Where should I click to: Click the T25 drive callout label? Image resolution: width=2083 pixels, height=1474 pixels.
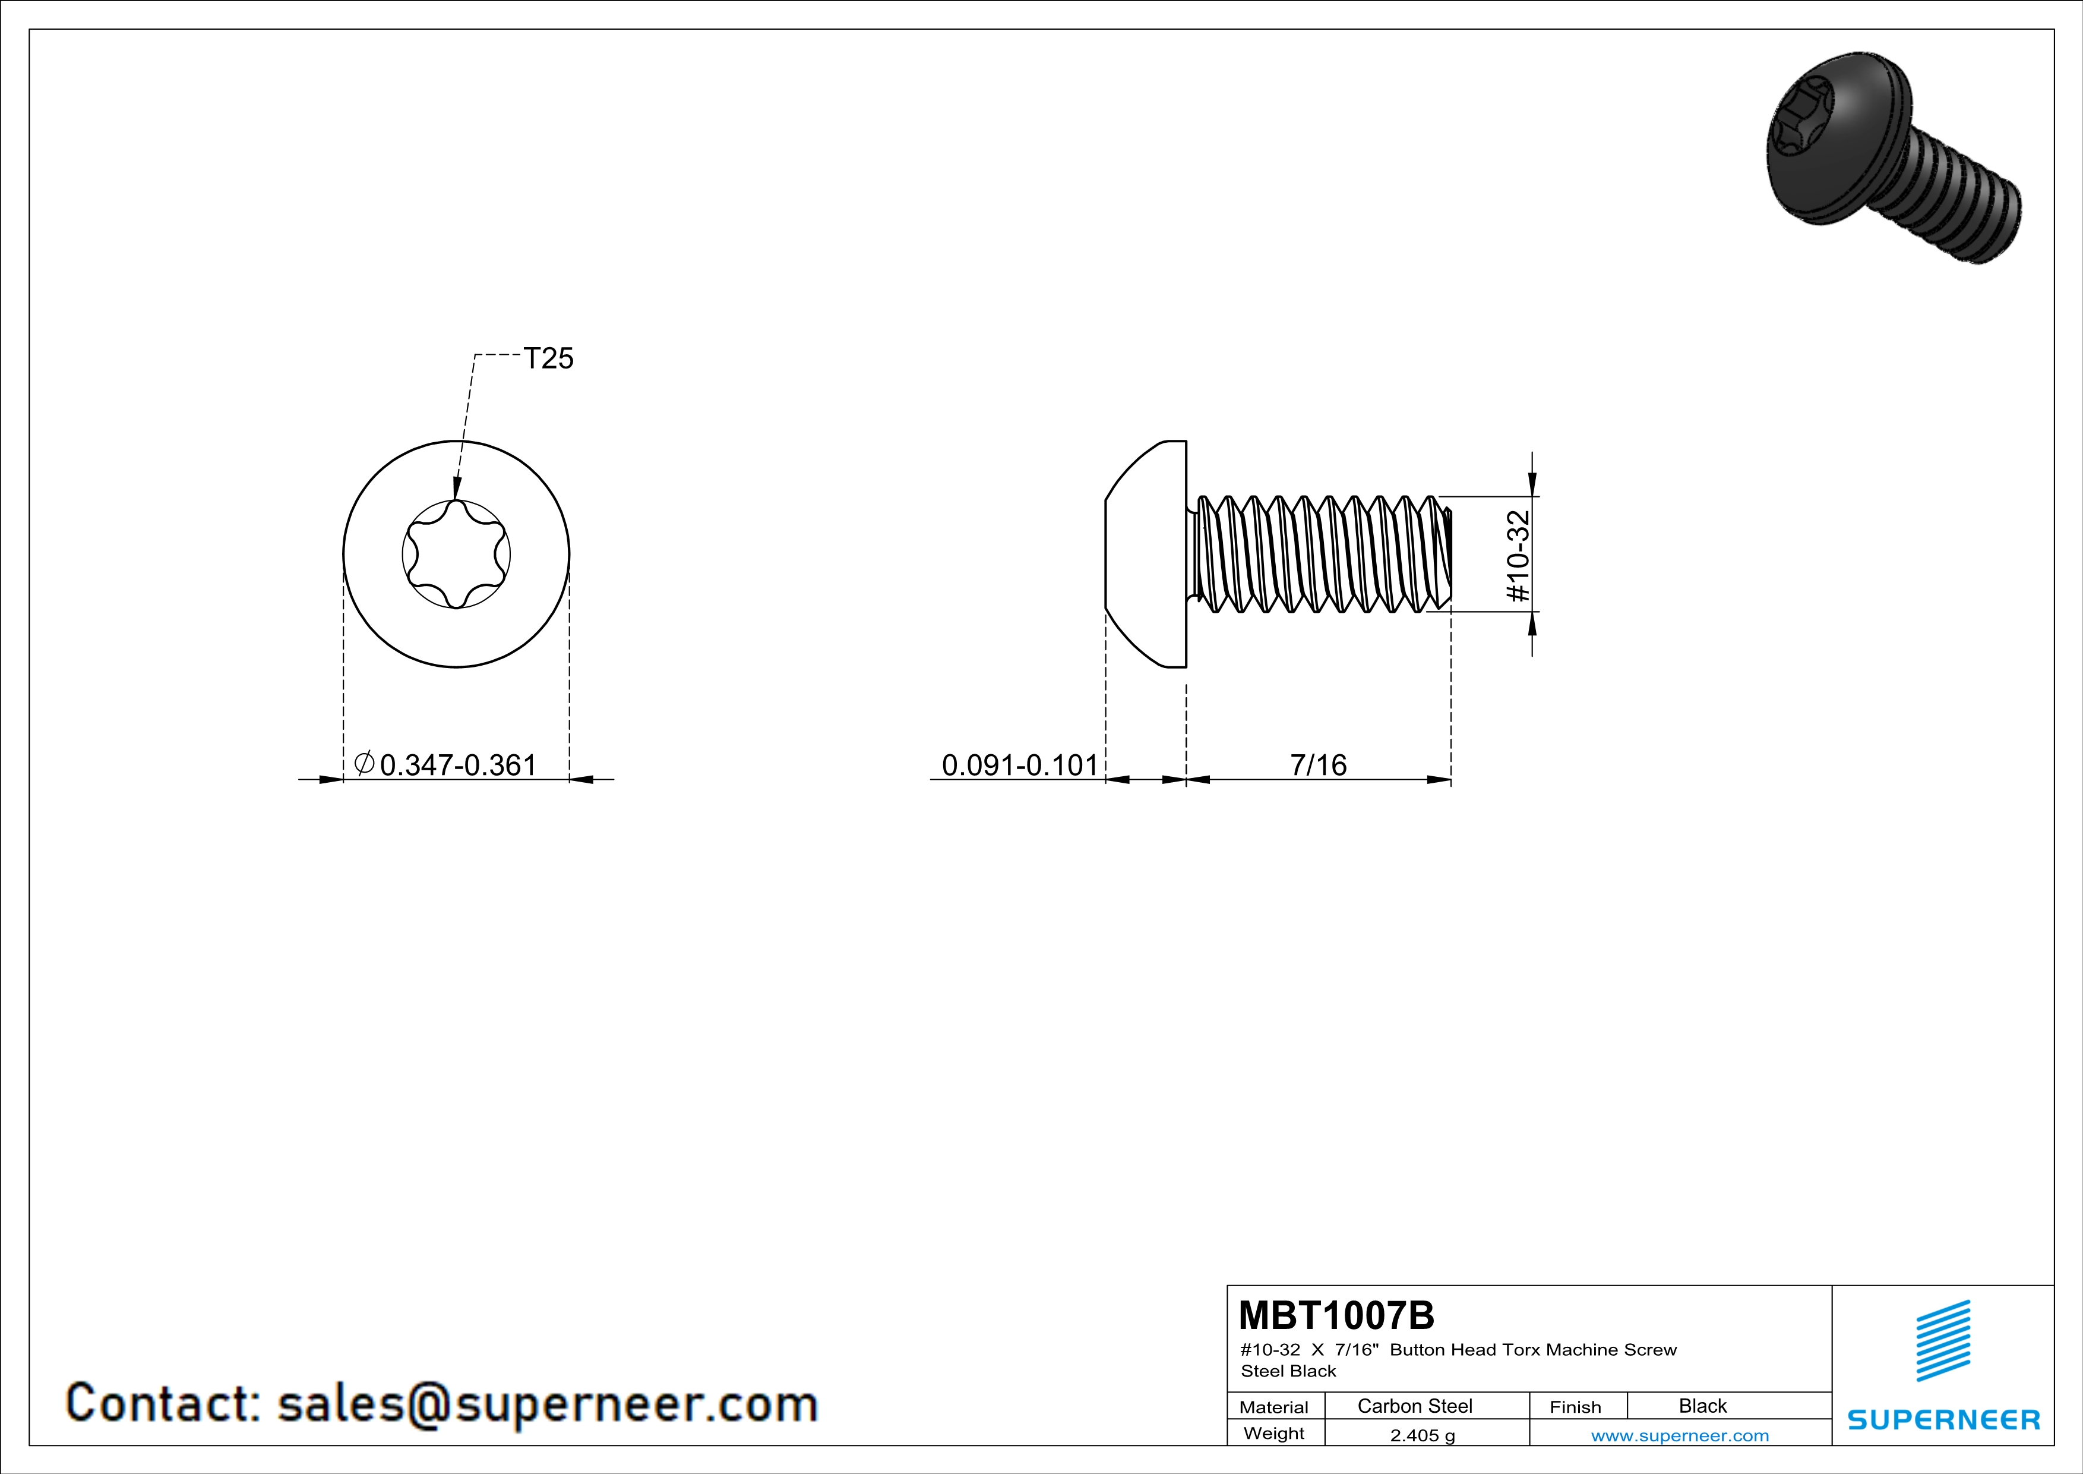pos(549,358)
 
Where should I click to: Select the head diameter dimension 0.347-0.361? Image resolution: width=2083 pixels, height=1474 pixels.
pos(458,765)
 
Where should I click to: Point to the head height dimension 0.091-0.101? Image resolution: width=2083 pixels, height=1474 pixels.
pos(1020,765)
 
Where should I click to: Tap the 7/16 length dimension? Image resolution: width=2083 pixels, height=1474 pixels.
pos(1318,765)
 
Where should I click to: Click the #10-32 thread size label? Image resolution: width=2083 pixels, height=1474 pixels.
pos(1518,556)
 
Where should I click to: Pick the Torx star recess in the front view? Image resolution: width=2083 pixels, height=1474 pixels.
pos(456,554)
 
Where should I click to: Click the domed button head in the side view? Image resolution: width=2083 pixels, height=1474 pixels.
pos(1146,554)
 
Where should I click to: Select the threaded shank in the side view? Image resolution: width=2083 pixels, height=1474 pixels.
pos(1320,554)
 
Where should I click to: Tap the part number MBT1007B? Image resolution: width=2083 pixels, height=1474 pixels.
pos(1336,1315)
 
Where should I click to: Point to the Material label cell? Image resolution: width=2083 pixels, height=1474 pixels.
pos(1274,1407)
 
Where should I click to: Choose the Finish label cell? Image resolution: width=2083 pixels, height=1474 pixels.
pos(1575,1407)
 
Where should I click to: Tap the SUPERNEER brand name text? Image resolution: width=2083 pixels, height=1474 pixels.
pos(1943,1419)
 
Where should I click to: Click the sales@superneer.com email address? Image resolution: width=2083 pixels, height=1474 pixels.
pos(548,1403)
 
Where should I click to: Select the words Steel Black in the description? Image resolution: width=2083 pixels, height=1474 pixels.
pos(1288,1371)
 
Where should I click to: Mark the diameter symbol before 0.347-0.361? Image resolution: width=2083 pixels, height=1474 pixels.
pos(364,763)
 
